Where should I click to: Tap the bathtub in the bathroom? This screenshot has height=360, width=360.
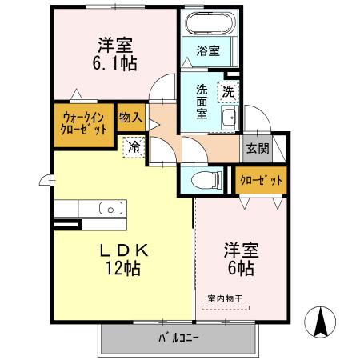pos(209,23)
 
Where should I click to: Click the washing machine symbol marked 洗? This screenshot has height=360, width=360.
pos(230,91)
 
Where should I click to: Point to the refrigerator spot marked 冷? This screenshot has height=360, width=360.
pos(135,147)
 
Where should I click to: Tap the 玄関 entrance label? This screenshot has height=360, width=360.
pos(257,147)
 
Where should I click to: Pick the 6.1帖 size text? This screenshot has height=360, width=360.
pos(115,64)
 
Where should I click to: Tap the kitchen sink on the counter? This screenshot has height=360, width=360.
pos(110,209)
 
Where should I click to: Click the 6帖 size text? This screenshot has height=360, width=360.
pos(240,269)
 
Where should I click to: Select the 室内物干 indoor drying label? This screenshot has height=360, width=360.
pos(225,299)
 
